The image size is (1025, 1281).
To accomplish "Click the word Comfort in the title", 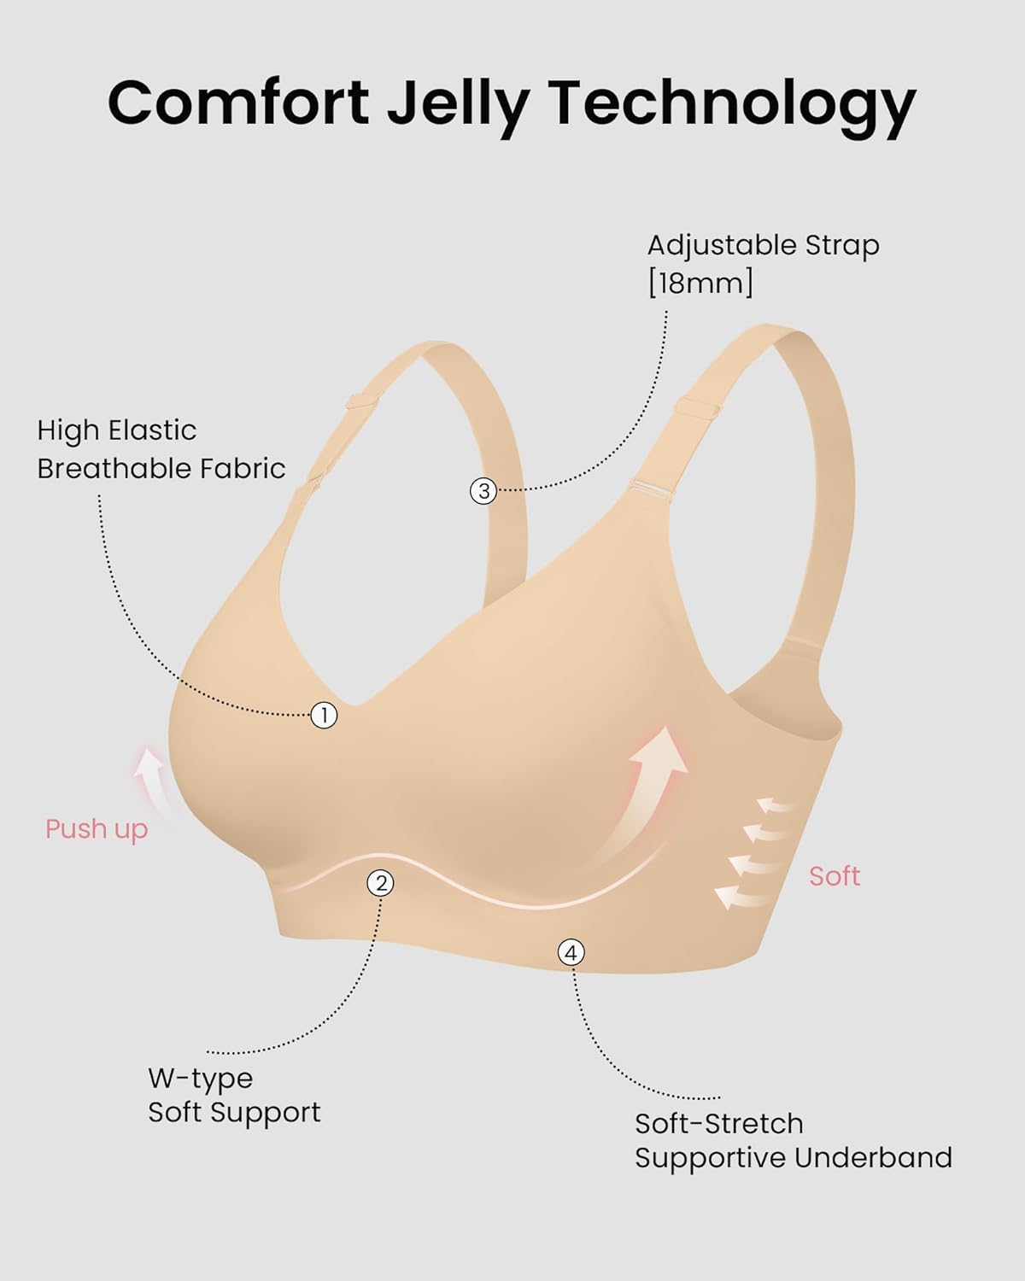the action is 238,102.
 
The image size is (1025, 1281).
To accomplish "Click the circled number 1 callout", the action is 324,715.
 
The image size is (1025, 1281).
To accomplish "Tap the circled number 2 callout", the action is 381,883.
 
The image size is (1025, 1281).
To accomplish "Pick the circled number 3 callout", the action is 483,491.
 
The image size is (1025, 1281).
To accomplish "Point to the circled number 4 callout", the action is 571,953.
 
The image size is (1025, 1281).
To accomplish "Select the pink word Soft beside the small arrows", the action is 835,876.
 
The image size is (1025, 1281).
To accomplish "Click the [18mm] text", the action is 700,282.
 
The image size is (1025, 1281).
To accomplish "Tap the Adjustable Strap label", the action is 764,245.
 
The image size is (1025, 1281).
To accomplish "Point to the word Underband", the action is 873,1158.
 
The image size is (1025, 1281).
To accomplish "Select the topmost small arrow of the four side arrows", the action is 776,805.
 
